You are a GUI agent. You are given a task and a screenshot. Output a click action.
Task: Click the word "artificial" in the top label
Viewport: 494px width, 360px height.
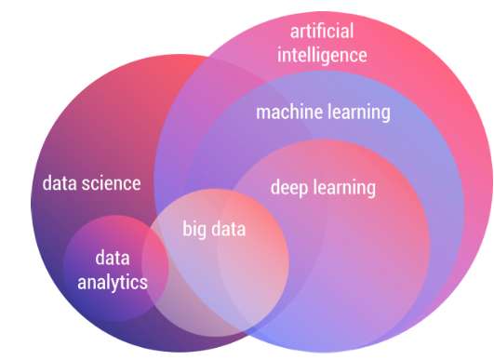tap(322, 32)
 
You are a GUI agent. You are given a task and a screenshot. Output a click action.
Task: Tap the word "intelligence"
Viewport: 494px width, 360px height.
tap(322, 55)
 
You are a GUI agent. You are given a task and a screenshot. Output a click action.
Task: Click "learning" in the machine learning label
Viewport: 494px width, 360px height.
tap(358, 113)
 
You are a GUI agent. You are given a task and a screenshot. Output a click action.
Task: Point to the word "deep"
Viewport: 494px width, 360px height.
tap(288, 187)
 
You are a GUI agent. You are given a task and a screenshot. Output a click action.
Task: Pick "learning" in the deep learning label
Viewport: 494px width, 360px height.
tap(343, 187)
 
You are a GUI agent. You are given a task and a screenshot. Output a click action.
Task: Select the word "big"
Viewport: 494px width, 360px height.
tap(194, 228)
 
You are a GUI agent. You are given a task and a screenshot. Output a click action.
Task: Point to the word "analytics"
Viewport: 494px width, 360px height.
tap(112, 281)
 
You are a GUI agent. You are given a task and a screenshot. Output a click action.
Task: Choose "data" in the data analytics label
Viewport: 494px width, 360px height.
tap(112, 258)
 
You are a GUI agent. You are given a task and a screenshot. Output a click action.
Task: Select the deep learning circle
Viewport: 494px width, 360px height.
tap(354, 251)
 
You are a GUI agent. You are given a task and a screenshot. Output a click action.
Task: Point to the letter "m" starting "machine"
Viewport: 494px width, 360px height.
tap(262, 113)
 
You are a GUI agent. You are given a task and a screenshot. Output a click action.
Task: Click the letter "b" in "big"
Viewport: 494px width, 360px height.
tap(185, 228)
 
